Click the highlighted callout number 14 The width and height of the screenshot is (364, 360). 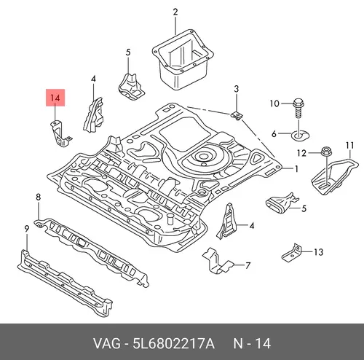pyautogui.click(x=55, y=98)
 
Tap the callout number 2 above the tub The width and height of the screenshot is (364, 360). pyautogui.click(x=175, y=12)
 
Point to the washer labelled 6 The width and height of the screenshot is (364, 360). pyautogui.click(x=301, y=135)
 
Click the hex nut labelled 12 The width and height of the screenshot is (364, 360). pyautogui.click(x=325, y=152)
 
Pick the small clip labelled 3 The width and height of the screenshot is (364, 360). pyautogui.click(x=237, y=116)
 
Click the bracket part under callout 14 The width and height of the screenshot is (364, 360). pyautogui.click(x=60, y=133)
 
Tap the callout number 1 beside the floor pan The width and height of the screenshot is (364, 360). pyautogui.click(x=296, y=168)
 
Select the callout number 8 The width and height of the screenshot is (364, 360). pyautogui.click(x=38, y=197)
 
